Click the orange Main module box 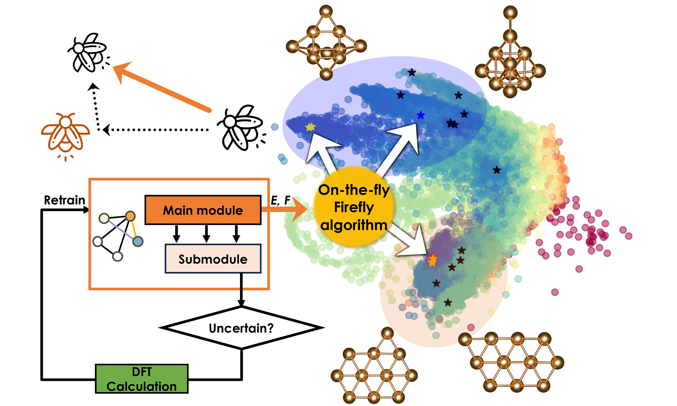point(203,210)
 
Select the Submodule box point(213,259)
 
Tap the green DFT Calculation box point(141,379)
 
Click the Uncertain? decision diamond point(241,328)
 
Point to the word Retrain point(65,200)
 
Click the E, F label point(280,200)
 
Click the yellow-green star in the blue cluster point(310,127)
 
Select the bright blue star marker point(420,115)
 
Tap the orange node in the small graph point(130,216)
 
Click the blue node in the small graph point(138,242)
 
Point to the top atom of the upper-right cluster point(510,13)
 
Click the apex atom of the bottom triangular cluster point(387,333)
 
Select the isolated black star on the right point(497,170)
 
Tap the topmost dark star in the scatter point(412,72)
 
